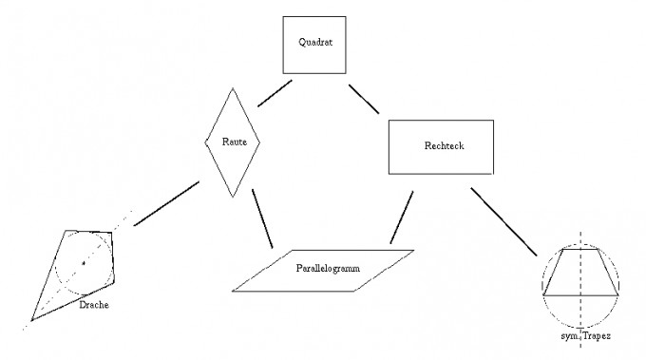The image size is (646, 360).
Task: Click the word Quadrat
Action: [x=315, y=42]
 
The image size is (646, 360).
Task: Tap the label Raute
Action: [x=235, y=142]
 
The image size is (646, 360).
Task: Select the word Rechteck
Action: [x=445, y=145]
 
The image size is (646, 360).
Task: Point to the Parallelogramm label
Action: [x=328, y=269]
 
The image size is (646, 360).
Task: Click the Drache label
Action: [x=94, y=305]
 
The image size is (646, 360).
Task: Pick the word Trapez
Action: [x=597, y=336]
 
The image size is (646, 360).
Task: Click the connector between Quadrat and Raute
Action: [x=275, y=93]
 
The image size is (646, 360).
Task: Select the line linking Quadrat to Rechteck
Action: [x=364, y=99]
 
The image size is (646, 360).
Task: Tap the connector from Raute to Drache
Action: [x=166, y=203]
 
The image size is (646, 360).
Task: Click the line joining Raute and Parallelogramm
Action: [x=262, y=218]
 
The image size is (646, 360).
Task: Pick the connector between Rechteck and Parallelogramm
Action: [x=402, y=218]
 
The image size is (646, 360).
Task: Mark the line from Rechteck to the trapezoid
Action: [x=503, y=221]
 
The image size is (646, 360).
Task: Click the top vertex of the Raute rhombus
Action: [x=233, y=88]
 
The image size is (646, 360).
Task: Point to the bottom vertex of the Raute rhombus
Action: [x=233, y=197]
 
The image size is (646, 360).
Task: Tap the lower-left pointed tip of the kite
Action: [x=31, y=320]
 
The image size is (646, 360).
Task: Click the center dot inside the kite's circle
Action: [x=84, y=263]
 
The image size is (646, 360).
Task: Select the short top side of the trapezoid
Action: [x=580, y=249]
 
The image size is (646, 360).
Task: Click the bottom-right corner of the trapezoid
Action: [x=618, y=294]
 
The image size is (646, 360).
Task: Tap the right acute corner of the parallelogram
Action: [x=413, y=250]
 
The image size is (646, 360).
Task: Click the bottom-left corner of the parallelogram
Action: [x=233, y=292]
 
